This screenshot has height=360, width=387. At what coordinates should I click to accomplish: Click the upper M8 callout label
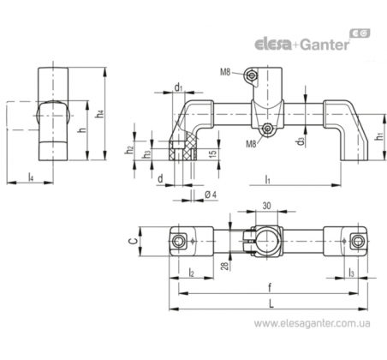(x=225, y=72)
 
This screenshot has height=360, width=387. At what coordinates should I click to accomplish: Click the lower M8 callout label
(x=252, y=144)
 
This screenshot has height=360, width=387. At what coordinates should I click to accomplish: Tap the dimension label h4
(x=99, y=114)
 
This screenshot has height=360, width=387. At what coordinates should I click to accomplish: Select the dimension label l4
(x=31, y=177)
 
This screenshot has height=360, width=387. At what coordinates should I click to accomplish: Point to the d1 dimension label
(x=178, y=87)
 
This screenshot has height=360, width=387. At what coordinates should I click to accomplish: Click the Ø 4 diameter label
(x=211, y=195)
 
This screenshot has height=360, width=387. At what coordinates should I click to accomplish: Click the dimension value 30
(x=266, y=206)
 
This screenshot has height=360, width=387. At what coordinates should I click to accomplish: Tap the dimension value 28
(x=225, y=266)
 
